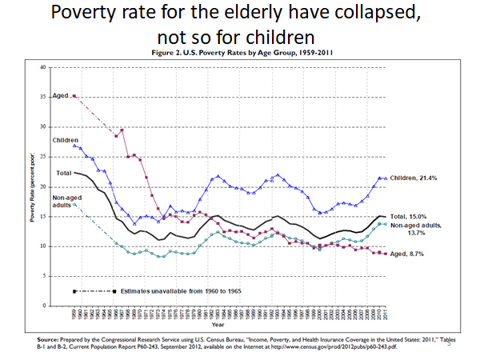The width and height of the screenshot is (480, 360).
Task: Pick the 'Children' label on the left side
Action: (65, 139)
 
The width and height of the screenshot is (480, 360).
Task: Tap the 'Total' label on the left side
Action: (63, 173)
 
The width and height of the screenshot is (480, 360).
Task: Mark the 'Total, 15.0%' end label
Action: (411, 217)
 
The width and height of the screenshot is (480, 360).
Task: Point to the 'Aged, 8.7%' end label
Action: (409, 254)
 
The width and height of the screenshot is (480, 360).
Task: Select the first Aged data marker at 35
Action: (74, 96)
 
